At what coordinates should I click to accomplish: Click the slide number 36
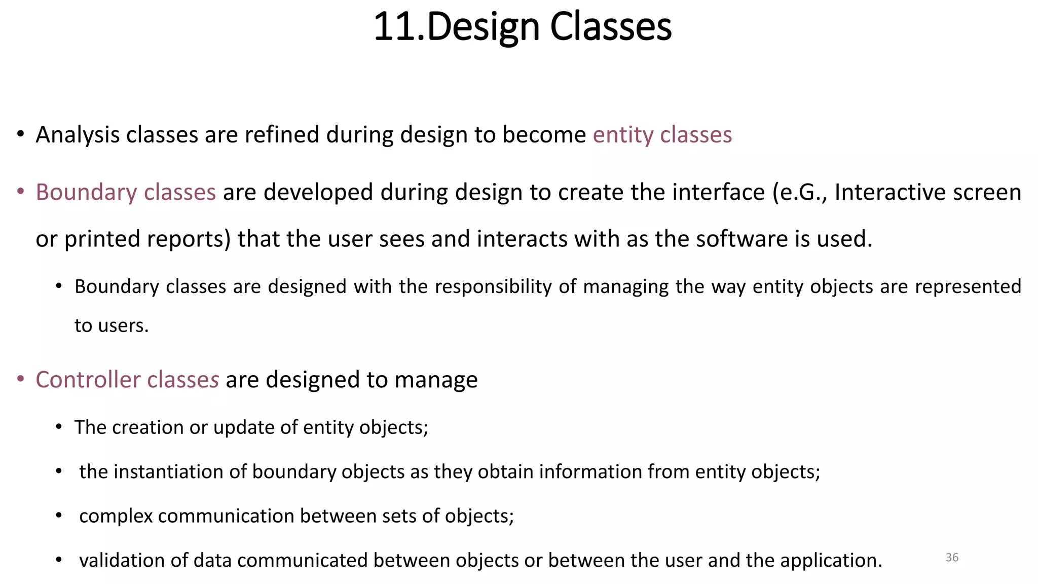click(x=952, y=558)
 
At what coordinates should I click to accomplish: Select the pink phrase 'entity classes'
click(x=662, y=135)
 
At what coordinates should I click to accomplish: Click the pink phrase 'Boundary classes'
click(x=126, y=192)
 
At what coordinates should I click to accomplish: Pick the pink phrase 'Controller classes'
click(x=127, y=380)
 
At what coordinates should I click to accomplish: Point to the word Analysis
click(x=78, y=135)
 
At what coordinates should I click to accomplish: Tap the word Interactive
click(x=883, y=192)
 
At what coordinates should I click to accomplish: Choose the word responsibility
click(x=493, y=287)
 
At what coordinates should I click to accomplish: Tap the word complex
click(x=116, y=516)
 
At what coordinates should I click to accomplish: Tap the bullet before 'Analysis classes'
click(x=20, y=134)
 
